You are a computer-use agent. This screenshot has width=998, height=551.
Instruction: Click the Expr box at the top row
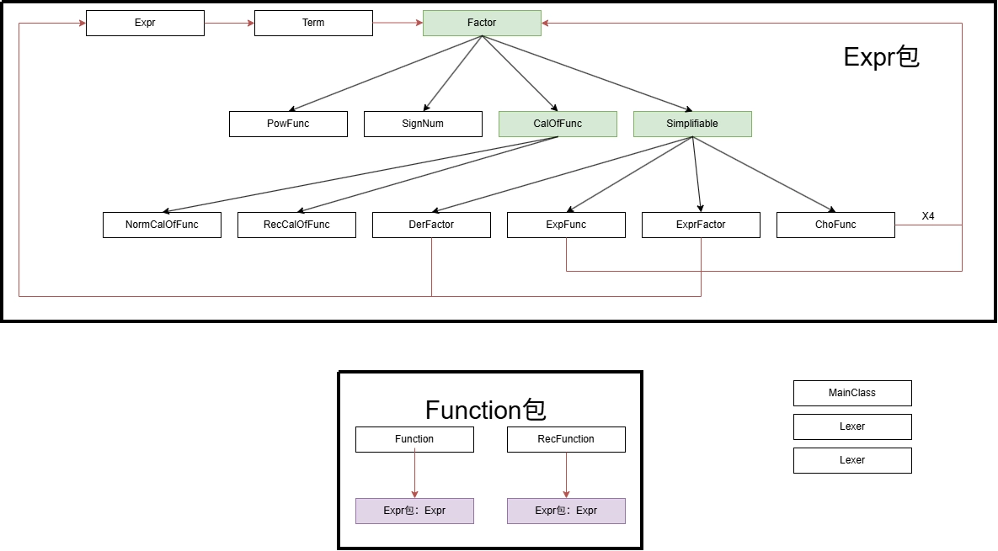point(145,23)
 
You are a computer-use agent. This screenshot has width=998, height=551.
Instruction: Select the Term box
point(314,23)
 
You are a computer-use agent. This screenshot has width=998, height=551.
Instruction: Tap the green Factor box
point(482,23)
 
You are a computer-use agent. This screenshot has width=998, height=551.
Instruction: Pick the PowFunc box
point(288,124)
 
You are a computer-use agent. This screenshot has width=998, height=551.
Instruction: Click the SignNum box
point(424,124)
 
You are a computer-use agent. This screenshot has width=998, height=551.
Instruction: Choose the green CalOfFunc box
point(558,124)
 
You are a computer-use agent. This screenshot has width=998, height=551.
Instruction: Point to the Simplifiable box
point(692,124)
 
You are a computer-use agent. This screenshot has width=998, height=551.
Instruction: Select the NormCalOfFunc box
point(163,225)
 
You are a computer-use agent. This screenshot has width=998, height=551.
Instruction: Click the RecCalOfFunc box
point(296,225)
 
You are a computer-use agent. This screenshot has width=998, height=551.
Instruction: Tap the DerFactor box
point(431,225)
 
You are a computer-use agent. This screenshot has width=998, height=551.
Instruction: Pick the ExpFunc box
point(567,225)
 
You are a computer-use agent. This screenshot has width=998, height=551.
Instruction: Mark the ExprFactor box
point(701,225)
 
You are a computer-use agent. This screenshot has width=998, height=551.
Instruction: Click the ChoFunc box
point(835,225)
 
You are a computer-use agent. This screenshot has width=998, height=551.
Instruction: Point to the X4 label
point(928,216)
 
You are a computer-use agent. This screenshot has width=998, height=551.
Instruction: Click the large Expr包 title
point(882,57)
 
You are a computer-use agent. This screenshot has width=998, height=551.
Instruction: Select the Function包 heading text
point(486,410)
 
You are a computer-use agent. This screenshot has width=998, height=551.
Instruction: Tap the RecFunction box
point(567,439)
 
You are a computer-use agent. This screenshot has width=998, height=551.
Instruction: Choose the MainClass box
point(852,393)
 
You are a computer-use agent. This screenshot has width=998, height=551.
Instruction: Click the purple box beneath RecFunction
point(567,511)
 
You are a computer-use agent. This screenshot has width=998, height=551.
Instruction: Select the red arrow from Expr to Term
point(230,23)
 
